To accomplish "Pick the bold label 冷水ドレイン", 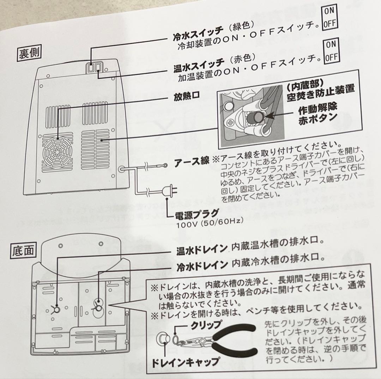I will pos(202,264).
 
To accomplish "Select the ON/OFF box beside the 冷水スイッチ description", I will pos(329,17).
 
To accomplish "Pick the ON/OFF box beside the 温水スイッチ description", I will pos(331,50).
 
